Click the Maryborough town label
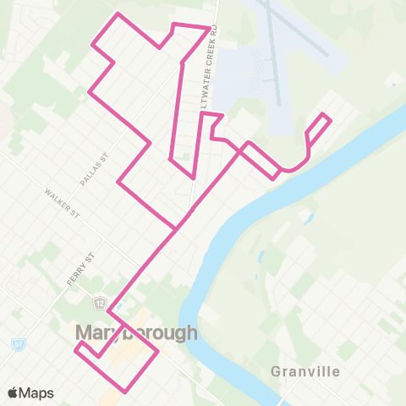[x=136, y=332]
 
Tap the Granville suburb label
[x=305, y=371]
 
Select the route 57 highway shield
[x=18, y=345]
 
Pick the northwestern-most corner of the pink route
[x=118, y=14]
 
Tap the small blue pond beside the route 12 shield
[x=118, y=305]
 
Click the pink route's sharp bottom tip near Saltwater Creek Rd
[x=194, y=177]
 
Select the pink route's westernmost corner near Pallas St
[x=118, y=180]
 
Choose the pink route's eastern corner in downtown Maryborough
[x=158, y=356]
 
